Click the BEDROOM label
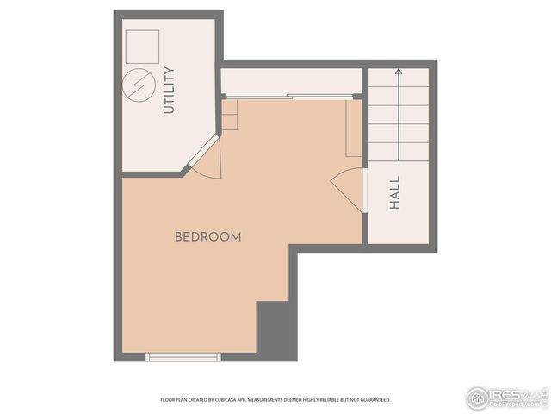pyautogui.click(x=207, y=236)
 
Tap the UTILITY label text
pyautogui.click(x=169, y=90)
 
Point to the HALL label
pyautogui.click(x=395, y=194)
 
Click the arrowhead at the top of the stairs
pyautogui.click(x=399, y=72)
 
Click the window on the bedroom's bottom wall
pyautogui.click(x=183, y=356)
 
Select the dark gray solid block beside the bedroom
pyautogui.click(x=275, y=329)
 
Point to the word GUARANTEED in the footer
pyautogui.click(x=371, y=400)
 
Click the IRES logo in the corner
pyautogui.click(x=505, y=397)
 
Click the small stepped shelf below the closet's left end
pyautogui.click(x=229, y=116)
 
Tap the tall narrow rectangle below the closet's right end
pyautogui.click(x=353, y=128)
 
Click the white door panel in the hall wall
pyautogui.click(x=365, y=191)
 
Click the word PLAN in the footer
pyautogui.click(x=182, y=400)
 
